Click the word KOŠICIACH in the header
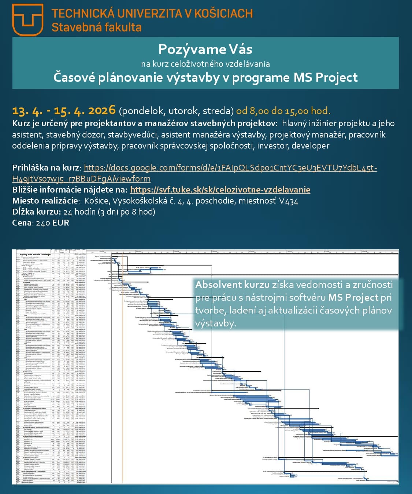coord(223,14)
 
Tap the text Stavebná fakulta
coord(96,27)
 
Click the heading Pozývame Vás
coord(205,49)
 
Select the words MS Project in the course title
coord(326,77)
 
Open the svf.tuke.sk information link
coord(220,190)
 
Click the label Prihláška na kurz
coord(46,168)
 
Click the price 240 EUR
coord(52,223)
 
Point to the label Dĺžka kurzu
coord(36,212)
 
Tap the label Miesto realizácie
coord(45,201)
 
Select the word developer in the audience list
coord(310,146)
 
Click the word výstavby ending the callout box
coord(215,323)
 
